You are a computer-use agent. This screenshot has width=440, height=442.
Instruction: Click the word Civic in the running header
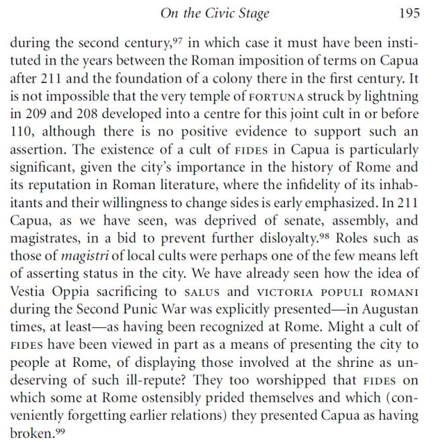[230, 13]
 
